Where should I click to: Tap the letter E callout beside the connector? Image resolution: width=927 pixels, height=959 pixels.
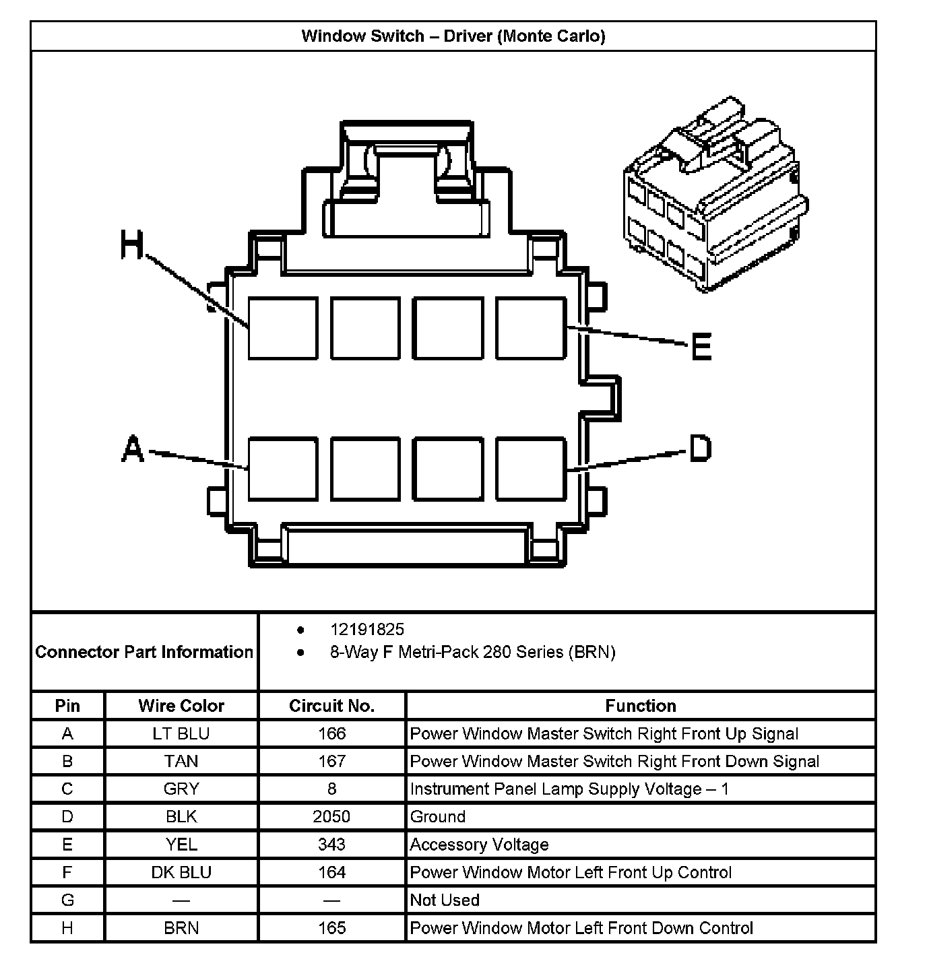701,347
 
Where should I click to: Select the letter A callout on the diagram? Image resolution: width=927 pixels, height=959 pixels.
133,449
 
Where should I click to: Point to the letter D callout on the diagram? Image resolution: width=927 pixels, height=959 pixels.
699,448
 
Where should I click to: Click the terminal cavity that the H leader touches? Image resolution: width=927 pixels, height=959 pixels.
283,328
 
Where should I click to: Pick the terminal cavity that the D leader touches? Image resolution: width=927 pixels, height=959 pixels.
530,469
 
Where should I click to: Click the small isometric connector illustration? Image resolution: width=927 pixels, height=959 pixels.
715,196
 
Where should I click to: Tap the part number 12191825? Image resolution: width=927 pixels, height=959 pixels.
366,630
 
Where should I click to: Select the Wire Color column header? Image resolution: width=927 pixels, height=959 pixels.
181,706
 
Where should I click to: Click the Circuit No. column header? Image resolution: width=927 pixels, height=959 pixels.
331,706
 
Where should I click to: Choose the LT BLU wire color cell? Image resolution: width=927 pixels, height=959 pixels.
181,733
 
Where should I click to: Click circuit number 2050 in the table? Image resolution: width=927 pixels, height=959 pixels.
331,817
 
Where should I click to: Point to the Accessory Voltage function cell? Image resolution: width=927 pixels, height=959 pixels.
479,845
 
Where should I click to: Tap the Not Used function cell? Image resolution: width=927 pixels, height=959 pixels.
445,900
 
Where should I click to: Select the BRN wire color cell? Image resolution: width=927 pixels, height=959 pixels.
181,928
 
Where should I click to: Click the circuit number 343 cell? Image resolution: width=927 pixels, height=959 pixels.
331,845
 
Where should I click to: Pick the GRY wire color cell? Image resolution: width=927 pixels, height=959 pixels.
181,789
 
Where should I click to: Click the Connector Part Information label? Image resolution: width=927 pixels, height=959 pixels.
144,652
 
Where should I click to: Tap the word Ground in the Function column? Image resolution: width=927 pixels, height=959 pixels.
438,817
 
